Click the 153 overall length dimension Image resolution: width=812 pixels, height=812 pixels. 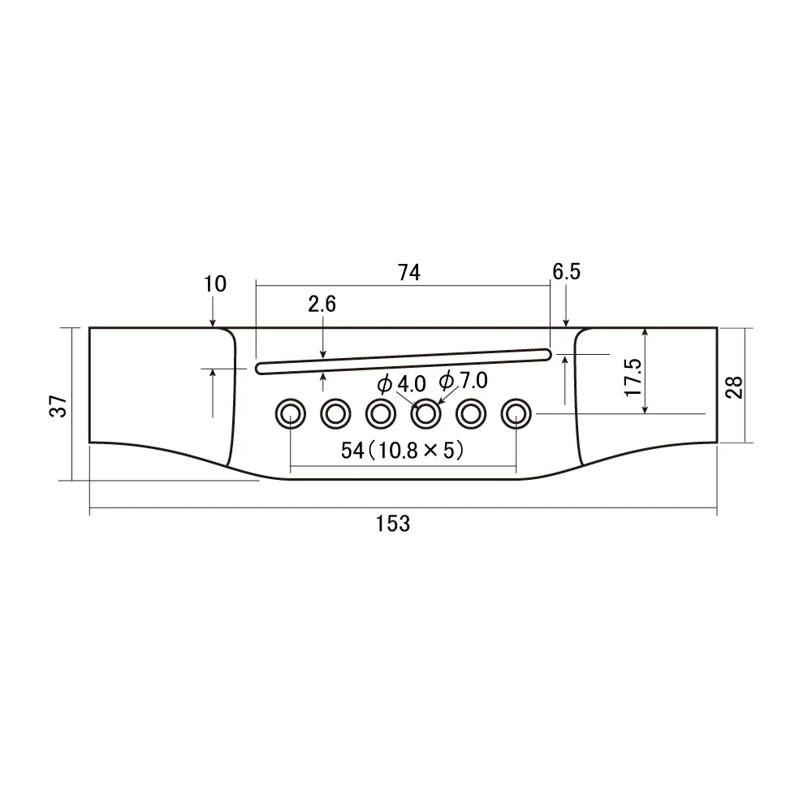coord(393,524)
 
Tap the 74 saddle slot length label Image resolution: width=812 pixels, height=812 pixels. coord(409,274)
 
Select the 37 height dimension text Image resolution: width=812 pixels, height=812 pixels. coord(58,406)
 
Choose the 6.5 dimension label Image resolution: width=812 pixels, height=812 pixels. coord(566,272)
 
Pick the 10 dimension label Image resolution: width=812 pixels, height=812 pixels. coord(216,284)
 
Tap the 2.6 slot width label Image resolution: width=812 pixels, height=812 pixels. coord(322,304)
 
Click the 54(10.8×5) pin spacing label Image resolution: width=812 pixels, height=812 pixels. coord(403,451)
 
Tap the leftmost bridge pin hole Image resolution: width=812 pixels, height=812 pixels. coord(289,414)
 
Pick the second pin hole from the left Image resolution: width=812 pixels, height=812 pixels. coord(334,414)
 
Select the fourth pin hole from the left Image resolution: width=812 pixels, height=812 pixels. coord(425,414)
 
